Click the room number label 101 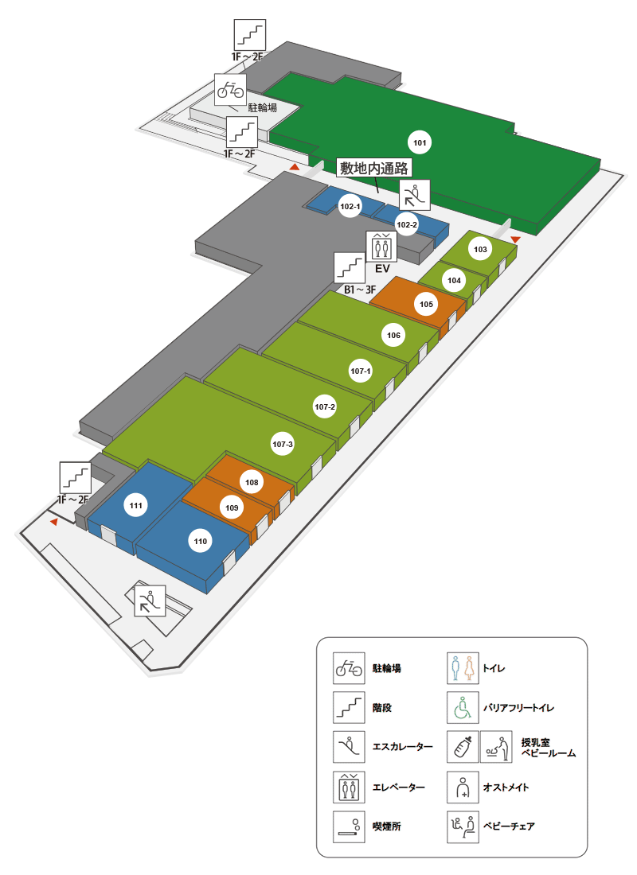[x=420, y=143]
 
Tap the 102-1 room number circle [x=350, y=207]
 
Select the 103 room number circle [x=480, y=249]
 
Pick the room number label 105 [x=426, y=304]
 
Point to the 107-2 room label [x=325, y=407]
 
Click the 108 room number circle [x=252, y=482]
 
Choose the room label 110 [x=200, y=542]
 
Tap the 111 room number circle [x=136, y=505]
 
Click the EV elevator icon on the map [x=381, y=247]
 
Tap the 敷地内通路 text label [x=373, y=168]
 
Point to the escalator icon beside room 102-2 [x=414, y=194]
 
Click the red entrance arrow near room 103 [x=515, y=239]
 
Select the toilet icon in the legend [x=463, y=668]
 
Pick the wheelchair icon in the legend [x=463, y=706]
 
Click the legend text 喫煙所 [x=387, y=826]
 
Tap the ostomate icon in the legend [x=463, y=787]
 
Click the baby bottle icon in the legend [x=463, y=747]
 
